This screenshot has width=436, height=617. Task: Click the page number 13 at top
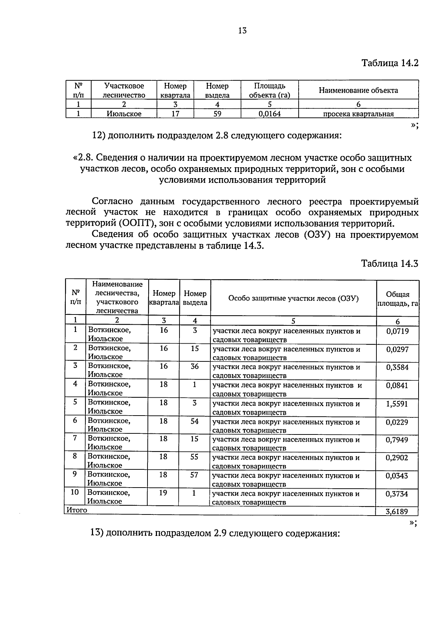[242, 31]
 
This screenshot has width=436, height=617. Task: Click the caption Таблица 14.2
[390, 63]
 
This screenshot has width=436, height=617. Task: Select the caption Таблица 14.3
[389, 264]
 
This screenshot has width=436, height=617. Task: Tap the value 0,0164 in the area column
[270, 114]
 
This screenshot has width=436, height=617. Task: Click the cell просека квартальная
[358, 114]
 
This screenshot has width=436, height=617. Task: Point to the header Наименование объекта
[358, 90]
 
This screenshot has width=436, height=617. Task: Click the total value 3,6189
[397, 512]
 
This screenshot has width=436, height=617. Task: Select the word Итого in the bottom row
[77, 510]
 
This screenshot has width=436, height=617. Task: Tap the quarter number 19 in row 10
[163, 493]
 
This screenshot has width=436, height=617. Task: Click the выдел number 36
[195, 366]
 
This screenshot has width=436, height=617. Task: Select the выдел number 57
[194, 475]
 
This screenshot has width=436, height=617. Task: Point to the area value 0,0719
[397, 331]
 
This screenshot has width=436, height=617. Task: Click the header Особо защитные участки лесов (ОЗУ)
[293, 299]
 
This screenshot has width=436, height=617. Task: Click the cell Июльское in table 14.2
[124, 114]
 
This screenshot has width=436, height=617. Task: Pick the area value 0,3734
[397, 494]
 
